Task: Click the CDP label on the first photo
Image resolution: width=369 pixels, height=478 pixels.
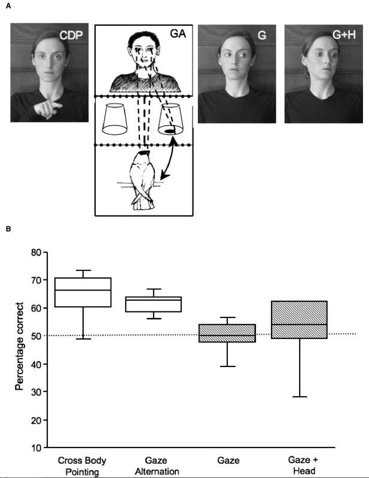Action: pyautogui.click(x=71, y=35)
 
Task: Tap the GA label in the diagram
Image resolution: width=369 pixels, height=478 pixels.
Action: pyautogui.click(x=178, y=33)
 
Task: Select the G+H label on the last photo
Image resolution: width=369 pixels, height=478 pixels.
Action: pyautogui.click(x=344, y=35)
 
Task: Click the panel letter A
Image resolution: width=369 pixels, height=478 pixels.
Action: pyautogui.click(x=8, y=6)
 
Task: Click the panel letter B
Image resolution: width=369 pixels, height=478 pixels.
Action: pyautogui.click(x=8, y=229)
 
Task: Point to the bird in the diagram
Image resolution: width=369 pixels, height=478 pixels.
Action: pyautogui.click(x=142, y=180)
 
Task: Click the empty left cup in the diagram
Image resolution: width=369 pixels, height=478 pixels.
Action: pyautogui.click(x=115, y=119)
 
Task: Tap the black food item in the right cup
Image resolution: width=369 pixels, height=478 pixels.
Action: pyautogui.click(x=169, y=131)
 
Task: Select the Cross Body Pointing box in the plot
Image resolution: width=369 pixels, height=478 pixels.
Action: pyautogui.click(x=83, y=292)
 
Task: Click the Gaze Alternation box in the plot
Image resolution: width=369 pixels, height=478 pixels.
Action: pyautogui.click(x=154, y=304)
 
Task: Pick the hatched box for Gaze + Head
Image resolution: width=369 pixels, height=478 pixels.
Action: pyautogui.click(x=300, y=319)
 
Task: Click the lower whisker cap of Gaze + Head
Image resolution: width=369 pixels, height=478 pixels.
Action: pyautogui.click(x=300, y=397)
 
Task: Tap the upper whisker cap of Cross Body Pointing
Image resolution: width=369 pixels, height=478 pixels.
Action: pyautogui.click(x=83, y=270)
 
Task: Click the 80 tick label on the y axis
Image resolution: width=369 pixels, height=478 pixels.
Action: pyautogui.click(x=37, y=252)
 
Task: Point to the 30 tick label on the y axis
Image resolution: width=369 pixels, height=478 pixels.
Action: pyautogui.click(x=37, y=391)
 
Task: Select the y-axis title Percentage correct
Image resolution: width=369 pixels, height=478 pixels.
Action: pyautogui.click(x=19, y=346)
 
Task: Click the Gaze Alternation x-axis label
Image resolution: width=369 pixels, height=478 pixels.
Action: pyautogui.click(x=157, y=466)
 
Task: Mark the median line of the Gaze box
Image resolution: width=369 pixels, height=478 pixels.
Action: pyautogui.click(x=227, y=335)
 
